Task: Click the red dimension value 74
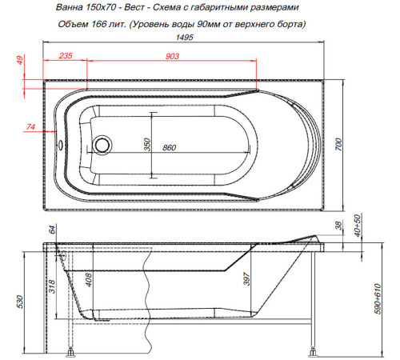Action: pos(30,127)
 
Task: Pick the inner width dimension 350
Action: pos(146,144)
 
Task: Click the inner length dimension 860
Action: pos(169,149)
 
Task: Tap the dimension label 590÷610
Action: pos(378,301)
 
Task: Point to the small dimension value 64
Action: pos(54,230)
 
